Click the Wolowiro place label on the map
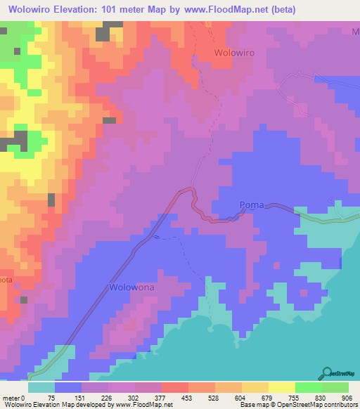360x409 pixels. (x=233, y=53)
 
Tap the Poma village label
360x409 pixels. (x=252, y=205)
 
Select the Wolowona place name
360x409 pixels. (x=131, y=287)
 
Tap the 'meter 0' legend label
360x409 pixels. (x=13, y=397)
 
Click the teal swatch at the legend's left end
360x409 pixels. (x=41, y=387)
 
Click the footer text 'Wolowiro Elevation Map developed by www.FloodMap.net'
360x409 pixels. (x=87, y=405)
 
